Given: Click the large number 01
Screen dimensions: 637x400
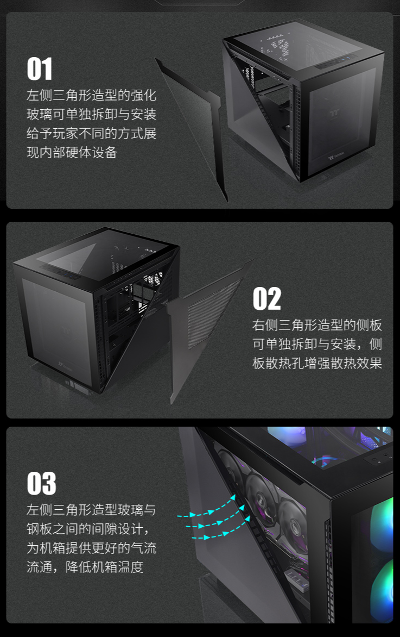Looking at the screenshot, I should (40, 69).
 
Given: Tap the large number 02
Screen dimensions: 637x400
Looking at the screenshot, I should (266, 299).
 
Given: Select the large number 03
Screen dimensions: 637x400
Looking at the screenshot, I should (41, 483).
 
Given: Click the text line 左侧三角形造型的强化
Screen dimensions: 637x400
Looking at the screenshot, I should (91, 95).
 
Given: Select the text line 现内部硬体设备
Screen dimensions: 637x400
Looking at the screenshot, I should (72, 152).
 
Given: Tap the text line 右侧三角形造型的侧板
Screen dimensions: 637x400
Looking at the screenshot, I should (317, 325).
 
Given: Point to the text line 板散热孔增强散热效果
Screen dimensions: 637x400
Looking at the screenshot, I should (317, 363).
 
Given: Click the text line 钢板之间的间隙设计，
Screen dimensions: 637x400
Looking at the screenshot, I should (87, 529).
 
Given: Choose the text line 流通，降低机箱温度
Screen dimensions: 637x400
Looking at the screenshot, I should (85, 567).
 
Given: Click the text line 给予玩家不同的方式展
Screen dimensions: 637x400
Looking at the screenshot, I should (91, 133).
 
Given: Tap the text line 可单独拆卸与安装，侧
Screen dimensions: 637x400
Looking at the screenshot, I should (317, 344).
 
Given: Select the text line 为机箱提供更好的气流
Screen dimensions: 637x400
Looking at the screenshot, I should (91, 548).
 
